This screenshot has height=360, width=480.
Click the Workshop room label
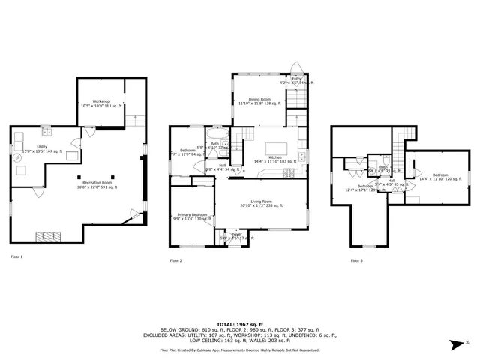pyautogui.click(x=101, y=100)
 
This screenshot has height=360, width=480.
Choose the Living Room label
pyautogui.click(x=261, y=202)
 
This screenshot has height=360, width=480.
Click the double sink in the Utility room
pyautogui.click(x=44, y=133)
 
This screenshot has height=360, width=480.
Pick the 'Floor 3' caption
pyautogui.click(x=356, y=260)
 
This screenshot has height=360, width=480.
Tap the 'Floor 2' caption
pyautogui.click(x=176, y=260)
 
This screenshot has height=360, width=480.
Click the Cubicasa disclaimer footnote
pyautogui.click(x=239, y=349)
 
